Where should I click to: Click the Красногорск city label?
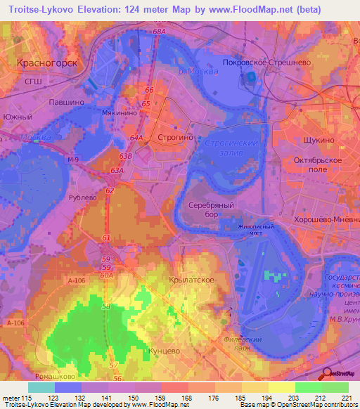pyautogui.click(x=46, y=62)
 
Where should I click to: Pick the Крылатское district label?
pyautogui.click(x=192, y=280)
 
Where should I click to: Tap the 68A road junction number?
pyautogui.click(x=160, y=32)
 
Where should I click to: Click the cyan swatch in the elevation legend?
pyautogui.click(x=41, y=387)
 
